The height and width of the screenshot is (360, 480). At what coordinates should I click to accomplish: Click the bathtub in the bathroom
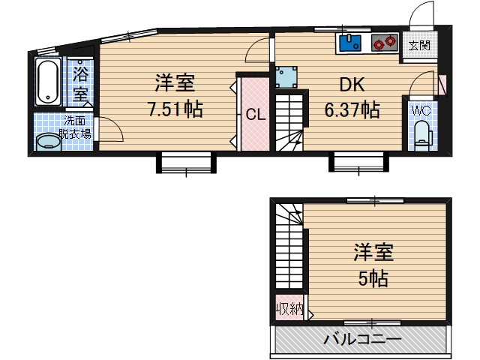[48, 82]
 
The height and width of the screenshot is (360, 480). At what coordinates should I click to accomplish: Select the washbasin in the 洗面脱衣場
[49, 140]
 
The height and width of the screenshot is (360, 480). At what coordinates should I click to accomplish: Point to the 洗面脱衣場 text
[76, 127]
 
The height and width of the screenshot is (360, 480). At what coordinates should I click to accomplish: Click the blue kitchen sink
[350, 43]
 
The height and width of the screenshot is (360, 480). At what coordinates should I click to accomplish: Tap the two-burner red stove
[384, 43]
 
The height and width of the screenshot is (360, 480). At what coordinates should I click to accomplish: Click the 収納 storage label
[289, 308]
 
